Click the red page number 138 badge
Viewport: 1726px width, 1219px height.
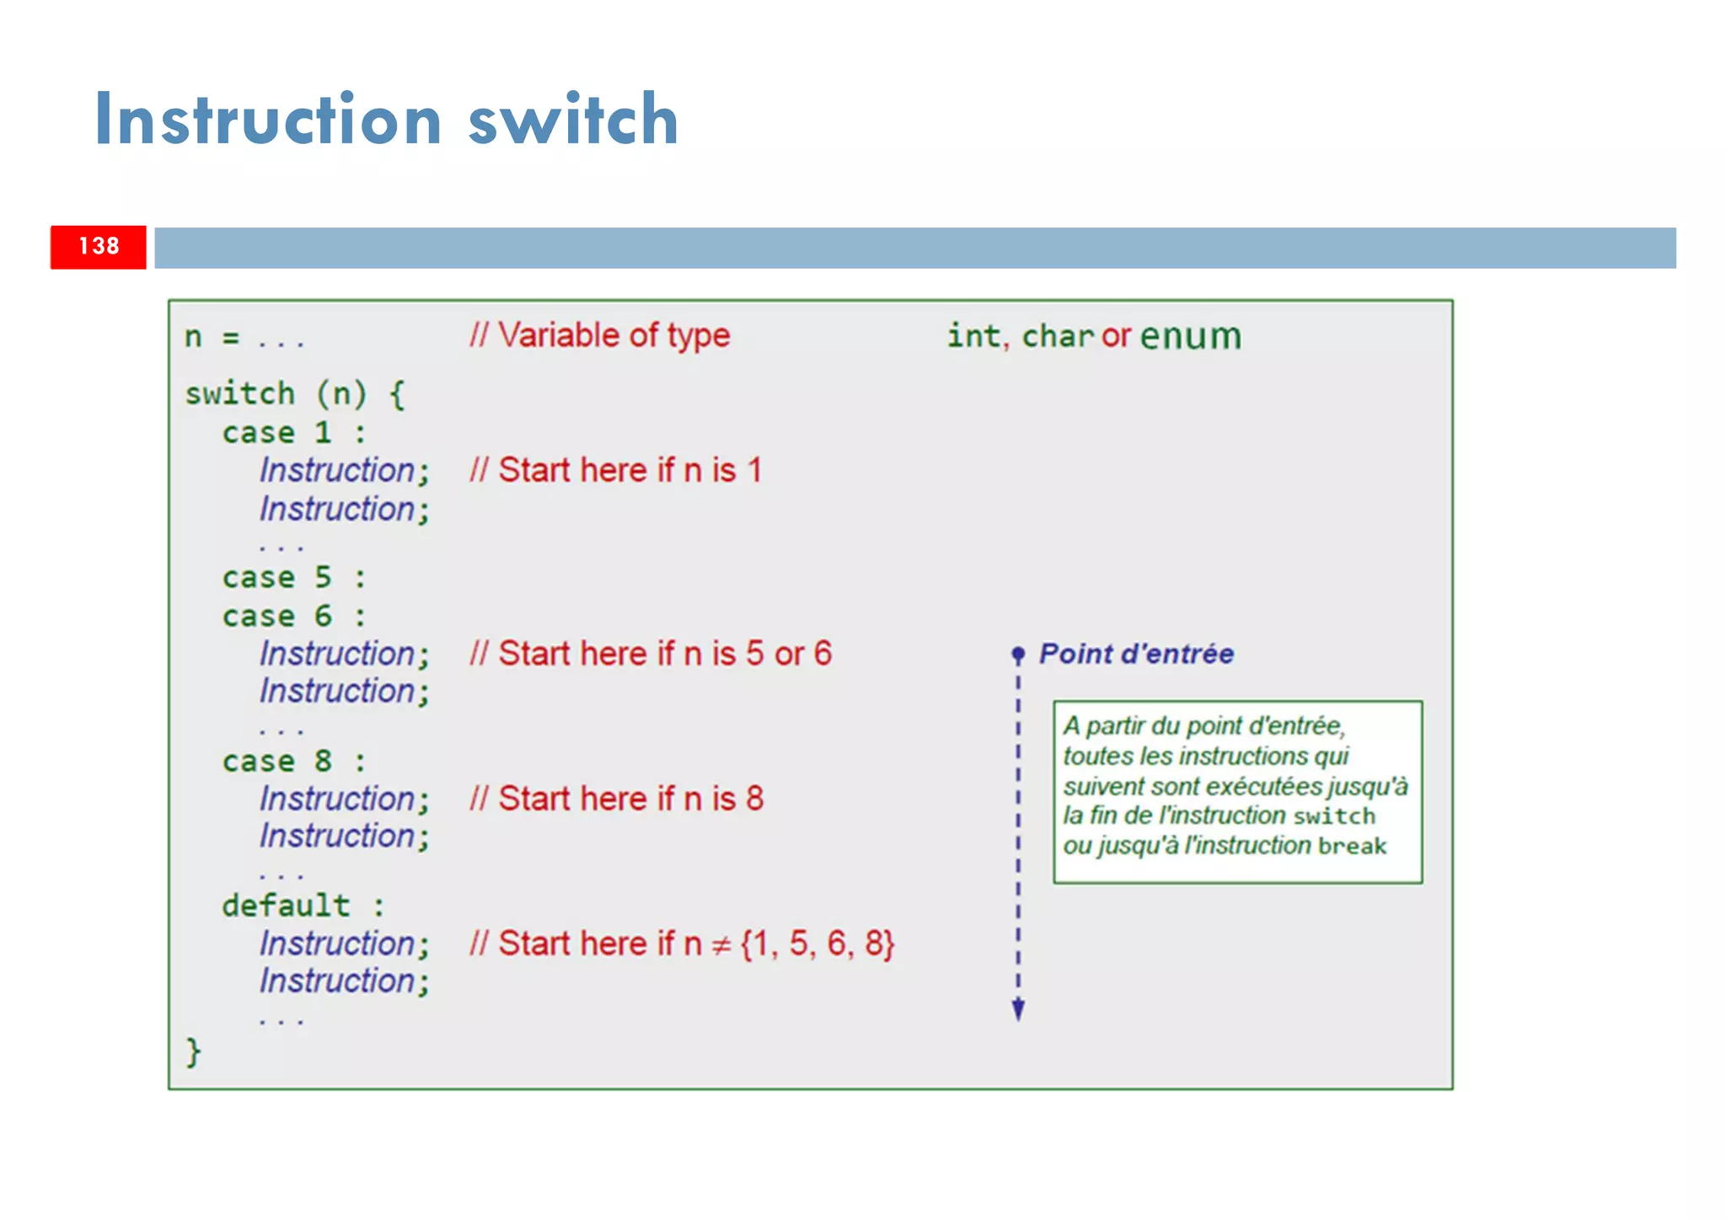click(x=99, y=247)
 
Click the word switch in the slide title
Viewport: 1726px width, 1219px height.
click(x=573, y=120)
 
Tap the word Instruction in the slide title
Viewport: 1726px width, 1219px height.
click(x=268, y=120)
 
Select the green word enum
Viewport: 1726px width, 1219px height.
click(x=1190, y=336)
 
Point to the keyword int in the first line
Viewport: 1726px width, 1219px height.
click(x=973, y=336)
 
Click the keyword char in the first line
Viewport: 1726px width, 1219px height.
click(x=1058, y=336)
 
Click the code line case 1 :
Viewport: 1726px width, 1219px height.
click(x=294, y=433)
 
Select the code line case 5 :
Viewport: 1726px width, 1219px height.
click(x=294, y=578)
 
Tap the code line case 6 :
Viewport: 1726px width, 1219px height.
click(x=294, y=617)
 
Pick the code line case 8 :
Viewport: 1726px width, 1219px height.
click(x=294, y=762)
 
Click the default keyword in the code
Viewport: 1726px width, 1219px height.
click(x=286, y=906)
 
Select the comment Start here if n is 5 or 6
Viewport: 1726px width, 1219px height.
click(x=651, y=654)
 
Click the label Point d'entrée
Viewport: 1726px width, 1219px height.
click(x=1135, y=654)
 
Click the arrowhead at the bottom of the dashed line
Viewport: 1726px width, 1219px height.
click(x=1018, y=1009)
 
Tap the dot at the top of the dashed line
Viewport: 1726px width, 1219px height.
click(x=1018, y=654)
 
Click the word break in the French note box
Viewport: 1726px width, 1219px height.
click(x=1352, y=846)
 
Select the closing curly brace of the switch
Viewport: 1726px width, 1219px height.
click(x=193, y=1052)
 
